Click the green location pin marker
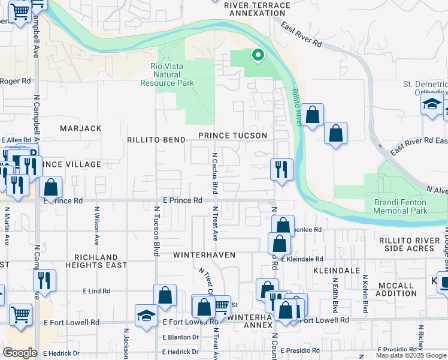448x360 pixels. (258, 56)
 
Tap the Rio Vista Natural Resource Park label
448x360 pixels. (167, 74)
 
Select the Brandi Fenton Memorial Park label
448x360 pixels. (401, 207)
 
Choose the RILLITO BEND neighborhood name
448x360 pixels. (156, 140)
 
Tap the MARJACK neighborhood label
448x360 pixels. (81, 128)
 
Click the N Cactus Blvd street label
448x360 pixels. (214, 172)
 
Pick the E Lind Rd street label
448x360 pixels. (96, 291)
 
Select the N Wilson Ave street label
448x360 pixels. (96, 227)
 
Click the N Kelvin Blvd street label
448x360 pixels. (365, 295)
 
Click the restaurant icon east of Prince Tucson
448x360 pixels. (281, 169)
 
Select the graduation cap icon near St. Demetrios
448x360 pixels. (431, 104)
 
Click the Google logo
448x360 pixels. (20, 353)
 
